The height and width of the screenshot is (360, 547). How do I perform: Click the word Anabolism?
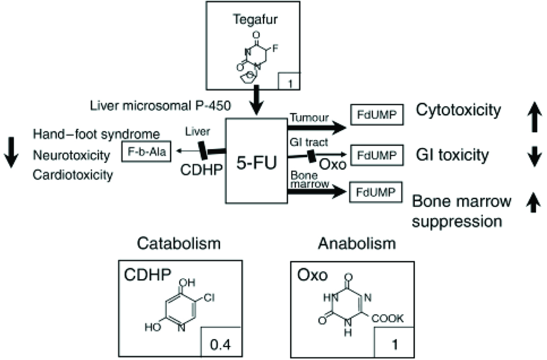pyautogui.click(x=356, y=244)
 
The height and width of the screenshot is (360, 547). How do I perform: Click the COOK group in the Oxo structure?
pyautogui.click(x=389, y=319)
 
